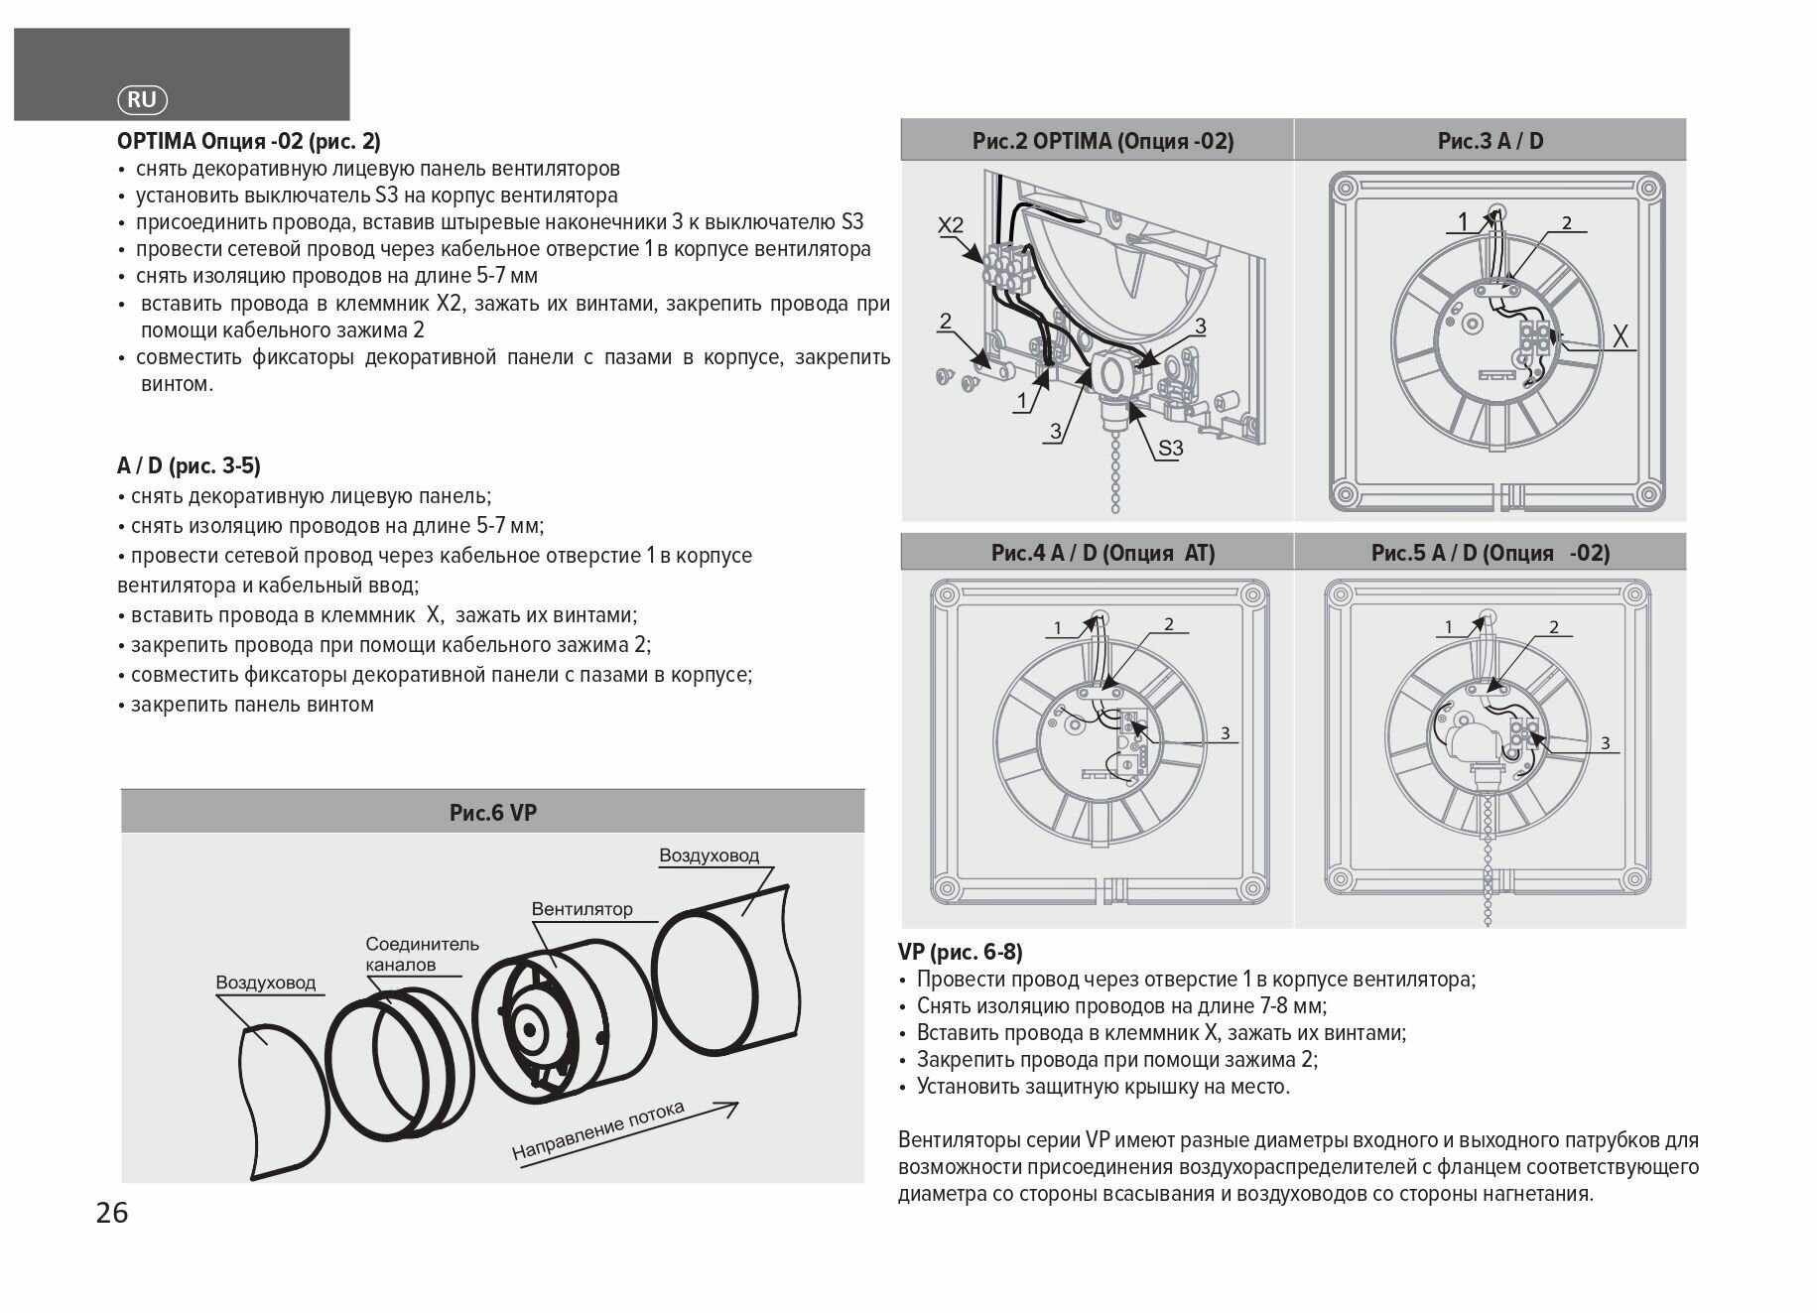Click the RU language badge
click(143, 99)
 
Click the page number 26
click(112, 1212)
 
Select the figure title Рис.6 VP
click(492, 813)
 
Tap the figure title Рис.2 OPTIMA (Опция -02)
click(1103, 141)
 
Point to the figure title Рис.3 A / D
click(1490, 141)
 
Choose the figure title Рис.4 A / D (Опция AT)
click(1103, 553)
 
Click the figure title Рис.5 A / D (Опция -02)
click(1490, 553)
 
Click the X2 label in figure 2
click(951, 225)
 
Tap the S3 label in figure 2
click(1171, 449)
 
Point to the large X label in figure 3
click(1620, 337)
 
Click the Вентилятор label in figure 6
click(582, 909)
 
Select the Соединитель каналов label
click(422, 954)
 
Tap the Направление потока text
click(598, 1131)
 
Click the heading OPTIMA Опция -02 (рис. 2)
click(248, 141)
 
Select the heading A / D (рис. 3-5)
click(189, 465)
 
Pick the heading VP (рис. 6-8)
click(960, 952)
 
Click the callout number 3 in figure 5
click(1605, 743)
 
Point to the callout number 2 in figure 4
click(1169, 624)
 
